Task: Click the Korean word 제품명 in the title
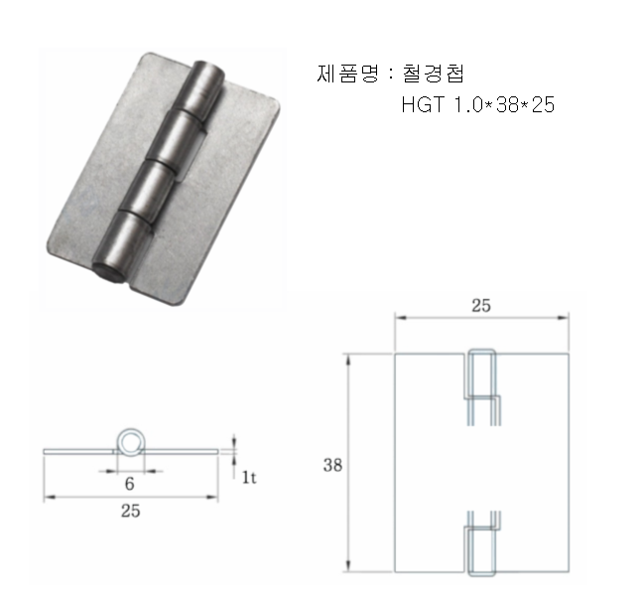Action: pyautogui.click(x=347, y=75)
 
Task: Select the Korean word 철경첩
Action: pyautogui.click(x=434, y=74)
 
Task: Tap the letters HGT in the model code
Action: pyautogui.click(x=423, y=104)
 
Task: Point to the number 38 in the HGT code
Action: pyautogui.click(x=507, y=104)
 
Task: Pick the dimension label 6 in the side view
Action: pyautogui.click(x=129, y=484)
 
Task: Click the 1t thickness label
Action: pyautogui.click(x=249, y=477)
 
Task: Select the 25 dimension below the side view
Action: pyautogui.click(x=131, y=511)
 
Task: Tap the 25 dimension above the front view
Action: pyautogui.click(x=481, y=305)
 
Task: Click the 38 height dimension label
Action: pyautogui.click(x=332, y=465)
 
